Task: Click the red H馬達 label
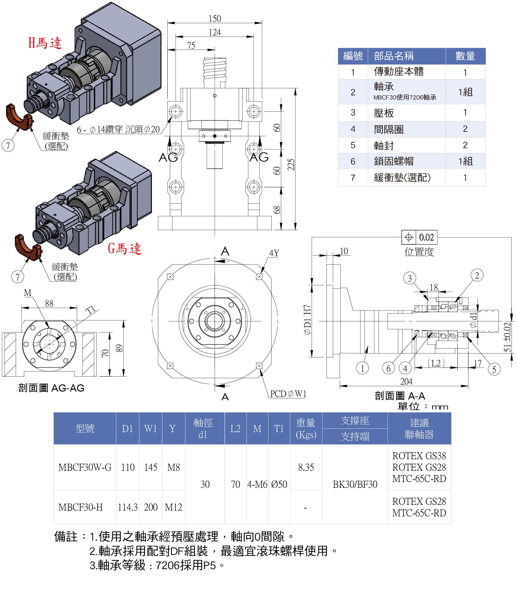[x=45, y=43]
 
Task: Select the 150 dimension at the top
[x=214, y=19]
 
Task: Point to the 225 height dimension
[x=291, y=165]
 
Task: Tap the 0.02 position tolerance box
[x=420, y=237]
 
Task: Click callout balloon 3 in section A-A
[x=410, y=278]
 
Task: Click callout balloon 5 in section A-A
[x=494, y=369]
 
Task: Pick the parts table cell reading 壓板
[x=384, y=113]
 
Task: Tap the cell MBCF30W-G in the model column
[x=85, y=467]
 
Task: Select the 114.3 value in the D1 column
[x=127, y=507]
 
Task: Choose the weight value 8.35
[x=306, y=467]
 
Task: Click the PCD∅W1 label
[x=288, y=394]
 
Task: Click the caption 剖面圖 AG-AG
[x=51, y=388]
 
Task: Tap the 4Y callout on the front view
[x=274, y=253]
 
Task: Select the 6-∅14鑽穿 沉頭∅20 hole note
[x=118, y=129]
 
